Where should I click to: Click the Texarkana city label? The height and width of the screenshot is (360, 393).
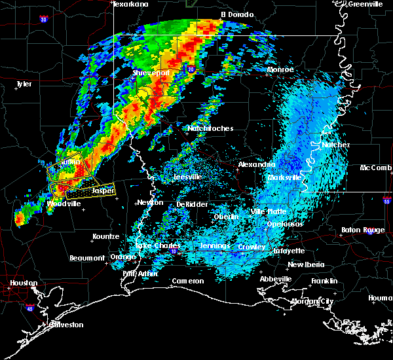click(130, 4)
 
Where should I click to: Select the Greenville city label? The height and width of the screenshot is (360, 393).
click(366, 4)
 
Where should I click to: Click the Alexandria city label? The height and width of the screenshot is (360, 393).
click(256, 164)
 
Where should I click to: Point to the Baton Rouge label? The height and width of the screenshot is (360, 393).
click(363, 230)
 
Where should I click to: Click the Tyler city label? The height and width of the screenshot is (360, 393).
click(24, 84)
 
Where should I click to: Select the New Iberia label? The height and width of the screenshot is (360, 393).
click(305, 264)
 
